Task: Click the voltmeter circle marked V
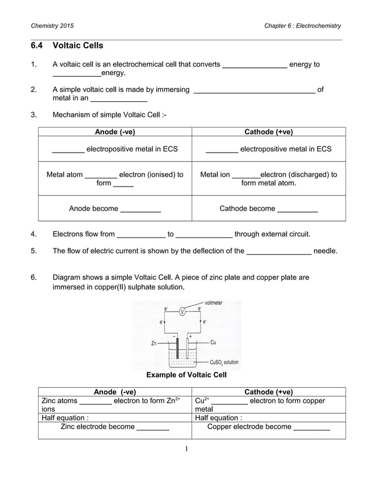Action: pos(182,311)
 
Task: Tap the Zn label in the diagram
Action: pos(154,344)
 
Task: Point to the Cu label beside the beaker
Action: pos(213,343)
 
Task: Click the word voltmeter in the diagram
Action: pos(213,303)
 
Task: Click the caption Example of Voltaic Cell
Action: pos(186,375)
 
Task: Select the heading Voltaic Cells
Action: pos(78,45)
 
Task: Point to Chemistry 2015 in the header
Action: pos(53,26)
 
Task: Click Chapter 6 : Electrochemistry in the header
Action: pos(302,26)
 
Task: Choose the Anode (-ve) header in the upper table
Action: pos(115,132)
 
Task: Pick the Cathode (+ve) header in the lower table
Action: pos(268,392)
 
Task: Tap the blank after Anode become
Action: pos(140,209)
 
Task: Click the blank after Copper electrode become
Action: pos(312,427)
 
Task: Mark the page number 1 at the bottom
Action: pos(186,448)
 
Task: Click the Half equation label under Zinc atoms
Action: pos(65,418)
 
